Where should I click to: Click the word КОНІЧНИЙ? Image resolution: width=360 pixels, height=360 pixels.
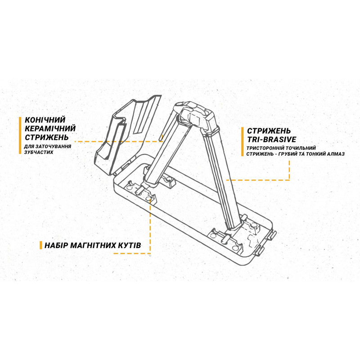pos(45,120)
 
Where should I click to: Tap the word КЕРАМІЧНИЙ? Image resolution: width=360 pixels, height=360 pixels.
pos(50,129)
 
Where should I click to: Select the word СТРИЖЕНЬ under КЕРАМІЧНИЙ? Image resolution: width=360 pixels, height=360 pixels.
pos(47,137)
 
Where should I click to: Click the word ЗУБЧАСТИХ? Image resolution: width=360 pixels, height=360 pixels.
pos(39,152)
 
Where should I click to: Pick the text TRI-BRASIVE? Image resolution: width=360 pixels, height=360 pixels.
pos(272,139)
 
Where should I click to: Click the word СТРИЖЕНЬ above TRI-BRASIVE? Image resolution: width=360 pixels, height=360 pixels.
pos(269,131)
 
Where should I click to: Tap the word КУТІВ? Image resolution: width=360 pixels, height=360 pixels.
pos(130,245)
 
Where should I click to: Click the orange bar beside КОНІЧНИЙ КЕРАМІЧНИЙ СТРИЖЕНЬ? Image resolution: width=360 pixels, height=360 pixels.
pos(20,135)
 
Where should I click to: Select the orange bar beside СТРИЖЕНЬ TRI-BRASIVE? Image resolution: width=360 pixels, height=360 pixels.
pos(243,142)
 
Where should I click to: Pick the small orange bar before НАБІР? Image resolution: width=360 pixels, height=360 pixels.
pos(41,245)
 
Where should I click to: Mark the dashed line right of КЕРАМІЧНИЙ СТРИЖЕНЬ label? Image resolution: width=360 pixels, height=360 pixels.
pos(119,141)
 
